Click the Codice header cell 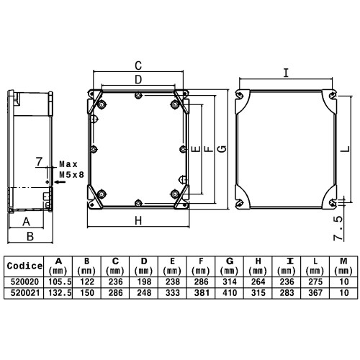click(24, 266)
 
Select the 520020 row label click(24, 282)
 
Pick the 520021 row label click(24, 293)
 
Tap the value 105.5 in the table click(60, 282)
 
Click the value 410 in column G click(230, 293)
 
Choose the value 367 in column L click(315, 293)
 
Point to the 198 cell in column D click(144, 282)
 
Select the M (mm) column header click(343, 266)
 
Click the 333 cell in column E click(173, 293)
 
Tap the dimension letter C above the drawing click(138, 66)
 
